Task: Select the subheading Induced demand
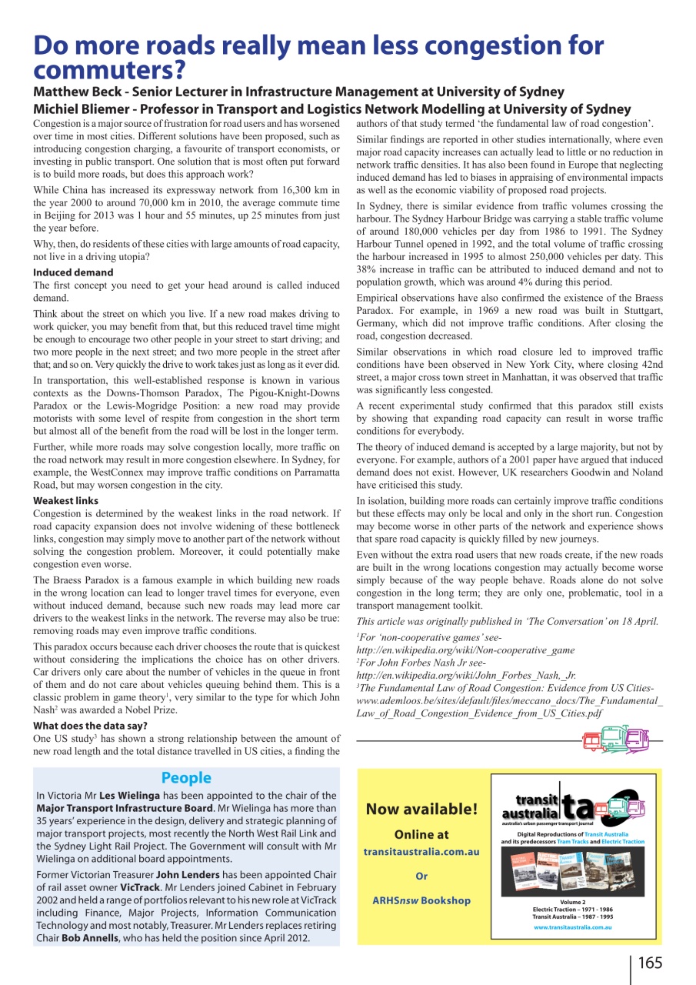(x=73, y=272)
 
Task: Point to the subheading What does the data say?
(x=91, y=726)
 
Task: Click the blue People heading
(x=186, y=778)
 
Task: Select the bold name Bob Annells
(x=93, y=938)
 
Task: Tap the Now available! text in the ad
(x=421, y=809)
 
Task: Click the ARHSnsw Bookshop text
(x=421, y=900)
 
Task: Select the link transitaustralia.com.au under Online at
(x=421, y=852)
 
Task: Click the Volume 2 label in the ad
(x=572, y=901)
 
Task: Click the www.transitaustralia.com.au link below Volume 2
(x=572, y=927)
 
